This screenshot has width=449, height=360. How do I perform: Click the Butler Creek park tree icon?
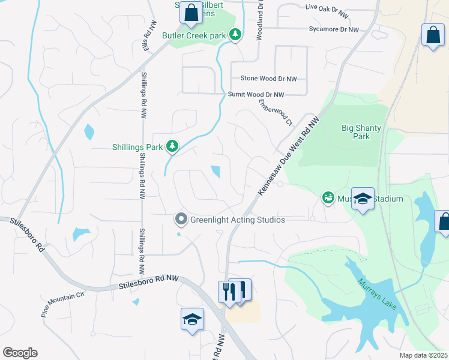tap(236, 35)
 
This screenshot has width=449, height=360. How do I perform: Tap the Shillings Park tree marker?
tap(172, 146)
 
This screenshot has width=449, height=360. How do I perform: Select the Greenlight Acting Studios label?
tap(237, 220)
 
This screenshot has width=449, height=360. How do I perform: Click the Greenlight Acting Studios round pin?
tap(181, 219)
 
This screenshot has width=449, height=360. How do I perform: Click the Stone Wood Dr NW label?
tap(268, 79)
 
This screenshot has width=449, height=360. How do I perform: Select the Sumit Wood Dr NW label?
tap(256, 95)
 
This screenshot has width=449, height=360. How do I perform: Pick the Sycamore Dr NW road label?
tap(333, 29)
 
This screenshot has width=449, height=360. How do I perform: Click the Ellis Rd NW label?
tap(148, 37)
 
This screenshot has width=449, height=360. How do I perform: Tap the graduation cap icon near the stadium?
tap(363, 199)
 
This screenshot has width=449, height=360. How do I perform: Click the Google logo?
tap(20, 353)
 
